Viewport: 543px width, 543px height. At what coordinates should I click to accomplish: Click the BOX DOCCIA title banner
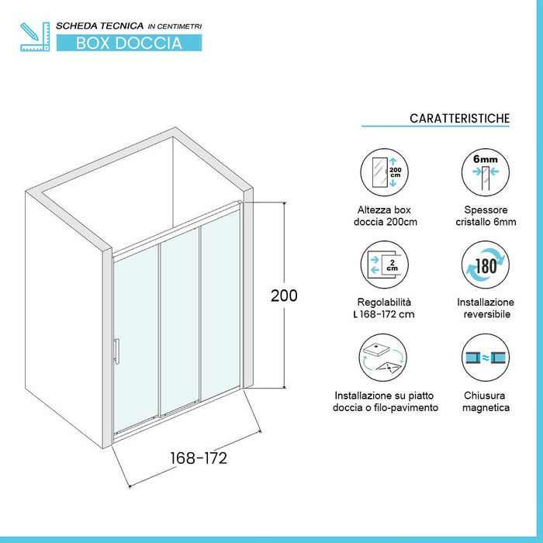(129, 43)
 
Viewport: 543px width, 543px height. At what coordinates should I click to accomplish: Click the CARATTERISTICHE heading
(460, 119)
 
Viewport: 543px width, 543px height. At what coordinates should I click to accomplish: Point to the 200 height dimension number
(285, 296)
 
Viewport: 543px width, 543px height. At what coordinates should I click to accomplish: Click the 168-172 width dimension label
(198, 458)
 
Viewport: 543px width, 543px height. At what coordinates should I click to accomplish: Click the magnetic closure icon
(485, 358)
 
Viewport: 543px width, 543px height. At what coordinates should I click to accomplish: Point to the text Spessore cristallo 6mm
(485, 217)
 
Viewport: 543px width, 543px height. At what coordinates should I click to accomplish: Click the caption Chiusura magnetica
(485, 401)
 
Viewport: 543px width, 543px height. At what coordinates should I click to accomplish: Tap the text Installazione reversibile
(485, 308)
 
